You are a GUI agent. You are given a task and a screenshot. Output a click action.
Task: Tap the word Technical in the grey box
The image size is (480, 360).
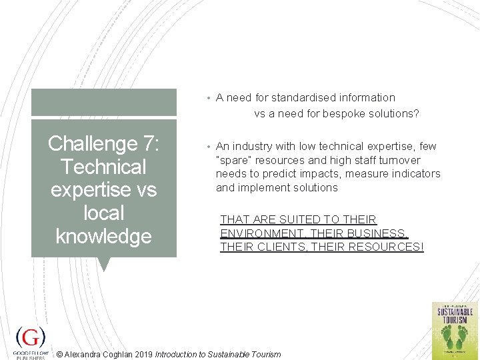click(x=103, y=167)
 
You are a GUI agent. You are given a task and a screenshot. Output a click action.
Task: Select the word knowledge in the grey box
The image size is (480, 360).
click(x=103, y=236)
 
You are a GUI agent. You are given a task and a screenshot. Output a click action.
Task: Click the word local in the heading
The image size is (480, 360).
click(x=103, y=213)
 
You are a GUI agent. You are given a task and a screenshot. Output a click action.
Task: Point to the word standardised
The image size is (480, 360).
click(x=302, y=98)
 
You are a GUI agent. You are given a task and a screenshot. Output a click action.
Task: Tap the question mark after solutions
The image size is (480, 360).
click(x=416, y=113)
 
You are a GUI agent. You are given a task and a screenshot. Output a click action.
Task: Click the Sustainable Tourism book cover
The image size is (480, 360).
click(x=455, y=329)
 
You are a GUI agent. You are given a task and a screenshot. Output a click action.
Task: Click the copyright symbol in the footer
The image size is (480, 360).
click(x=60, y=355)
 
